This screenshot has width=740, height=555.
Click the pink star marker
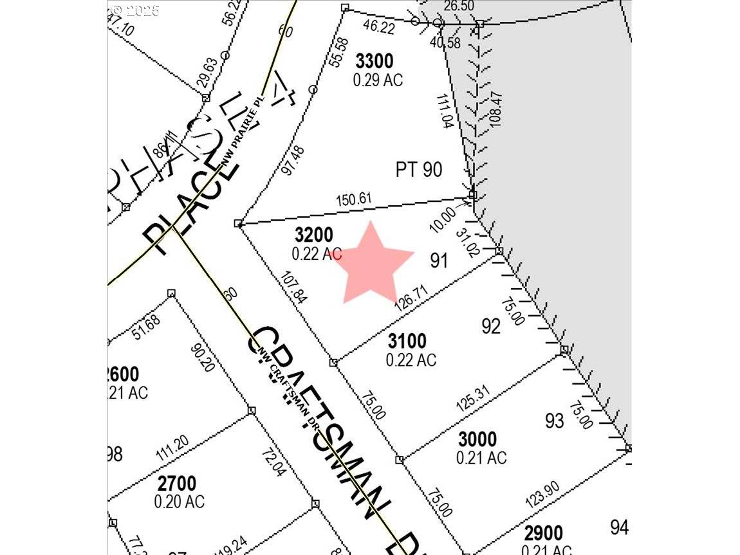[371, 264]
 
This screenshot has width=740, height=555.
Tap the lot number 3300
[374, 62]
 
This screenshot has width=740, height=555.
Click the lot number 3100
[407, 340]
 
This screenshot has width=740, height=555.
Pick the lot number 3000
[477, 439]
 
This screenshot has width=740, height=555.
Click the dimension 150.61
[354, 199]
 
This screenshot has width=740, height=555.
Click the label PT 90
[418, 170]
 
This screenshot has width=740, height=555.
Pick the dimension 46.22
[378, 26]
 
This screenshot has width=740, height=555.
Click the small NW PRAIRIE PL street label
[242, 136]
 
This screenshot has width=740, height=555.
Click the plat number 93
[555, 421]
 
